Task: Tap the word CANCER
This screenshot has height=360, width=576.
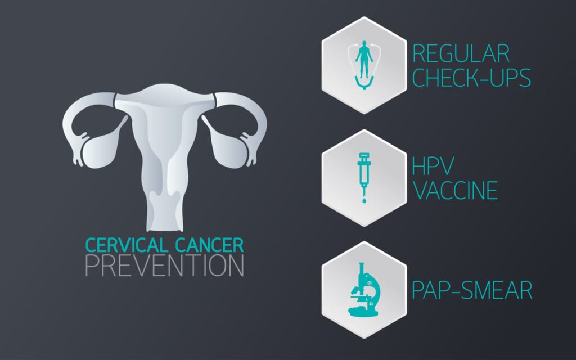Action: click(x=208, y=245)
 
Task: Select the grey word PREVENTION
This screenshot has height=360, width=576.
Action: click(x=165, y=265)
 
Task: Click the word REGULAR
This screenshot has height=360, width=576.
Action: click(x=461, y=53)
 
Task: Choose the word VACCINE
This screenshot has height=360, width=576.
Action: click(x=456, y=190)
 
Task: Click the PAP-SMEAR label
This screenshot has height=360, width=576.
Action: click(x=472, y=291)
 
